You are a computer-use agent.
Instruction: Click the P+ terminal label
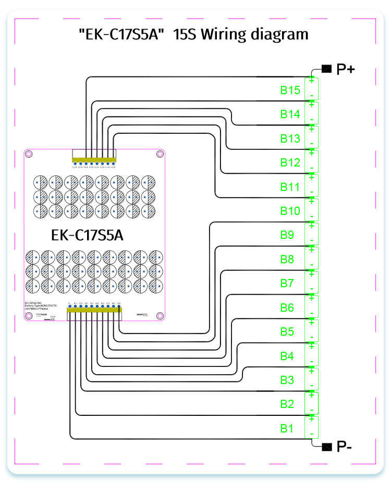346,69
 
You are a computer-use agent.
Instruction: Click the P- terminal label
345,447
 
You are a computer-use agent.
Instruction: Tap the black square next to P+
327,68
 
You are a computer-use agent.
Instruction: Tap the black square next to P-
327,446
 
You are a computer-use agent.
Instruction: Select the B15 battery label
290,90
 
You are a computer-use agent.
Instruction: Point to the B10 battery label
290,211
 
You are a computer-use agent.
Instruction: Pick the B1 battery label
287,428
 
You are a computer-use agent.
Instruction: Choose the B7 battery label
287,283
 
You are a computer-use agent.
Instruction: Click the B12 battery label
290,162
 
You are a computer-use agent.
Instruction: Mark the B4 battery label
287,356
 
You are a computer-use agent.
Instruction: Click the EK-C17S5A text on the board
88,235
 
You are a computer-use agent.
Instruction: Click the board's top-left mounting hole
29,154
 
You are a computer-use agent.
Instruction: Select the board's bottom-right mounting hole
160,315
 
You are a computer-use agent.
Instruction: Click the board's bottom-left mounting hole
29,315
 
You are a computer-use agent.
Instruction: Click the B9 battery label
287,235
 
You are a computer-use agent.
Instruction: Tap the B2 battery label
287,404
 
